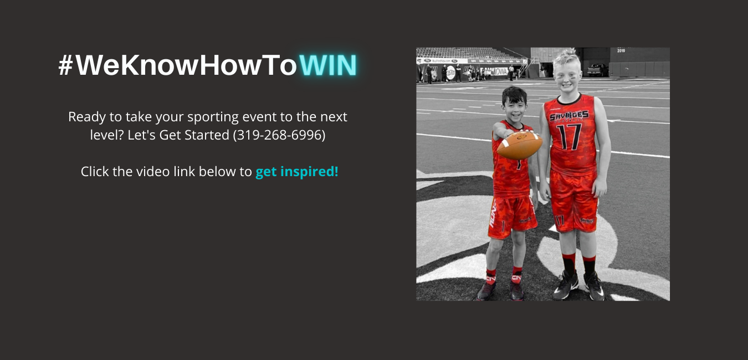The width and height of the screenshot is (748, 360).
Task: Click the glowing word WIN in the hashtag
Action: pos(328,65)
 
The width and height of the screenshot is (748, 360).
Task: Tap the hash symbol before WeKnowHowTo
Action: pos(66,65)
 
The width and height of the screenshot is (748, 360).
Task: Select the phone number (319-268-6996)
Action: pos(279,135)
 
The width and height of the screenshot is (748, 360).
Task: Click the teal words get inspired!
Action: pos(297,172)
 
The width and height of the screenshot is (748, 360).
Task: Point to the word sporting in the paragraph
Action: pos(213,117)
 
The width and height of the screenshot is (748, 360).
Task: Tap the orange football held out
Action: pos(520,145)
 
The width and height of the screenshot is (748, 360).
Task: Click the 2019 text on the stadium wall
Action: pos(621,51)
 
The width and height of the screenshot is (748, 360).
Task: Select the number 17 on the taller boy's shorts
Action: pos(560,220)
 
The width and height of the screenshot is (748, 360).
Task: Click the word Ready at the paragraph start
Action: pos(87,117)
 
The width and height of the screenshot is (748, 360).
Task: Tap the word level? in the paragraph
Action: pos(107,135)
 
